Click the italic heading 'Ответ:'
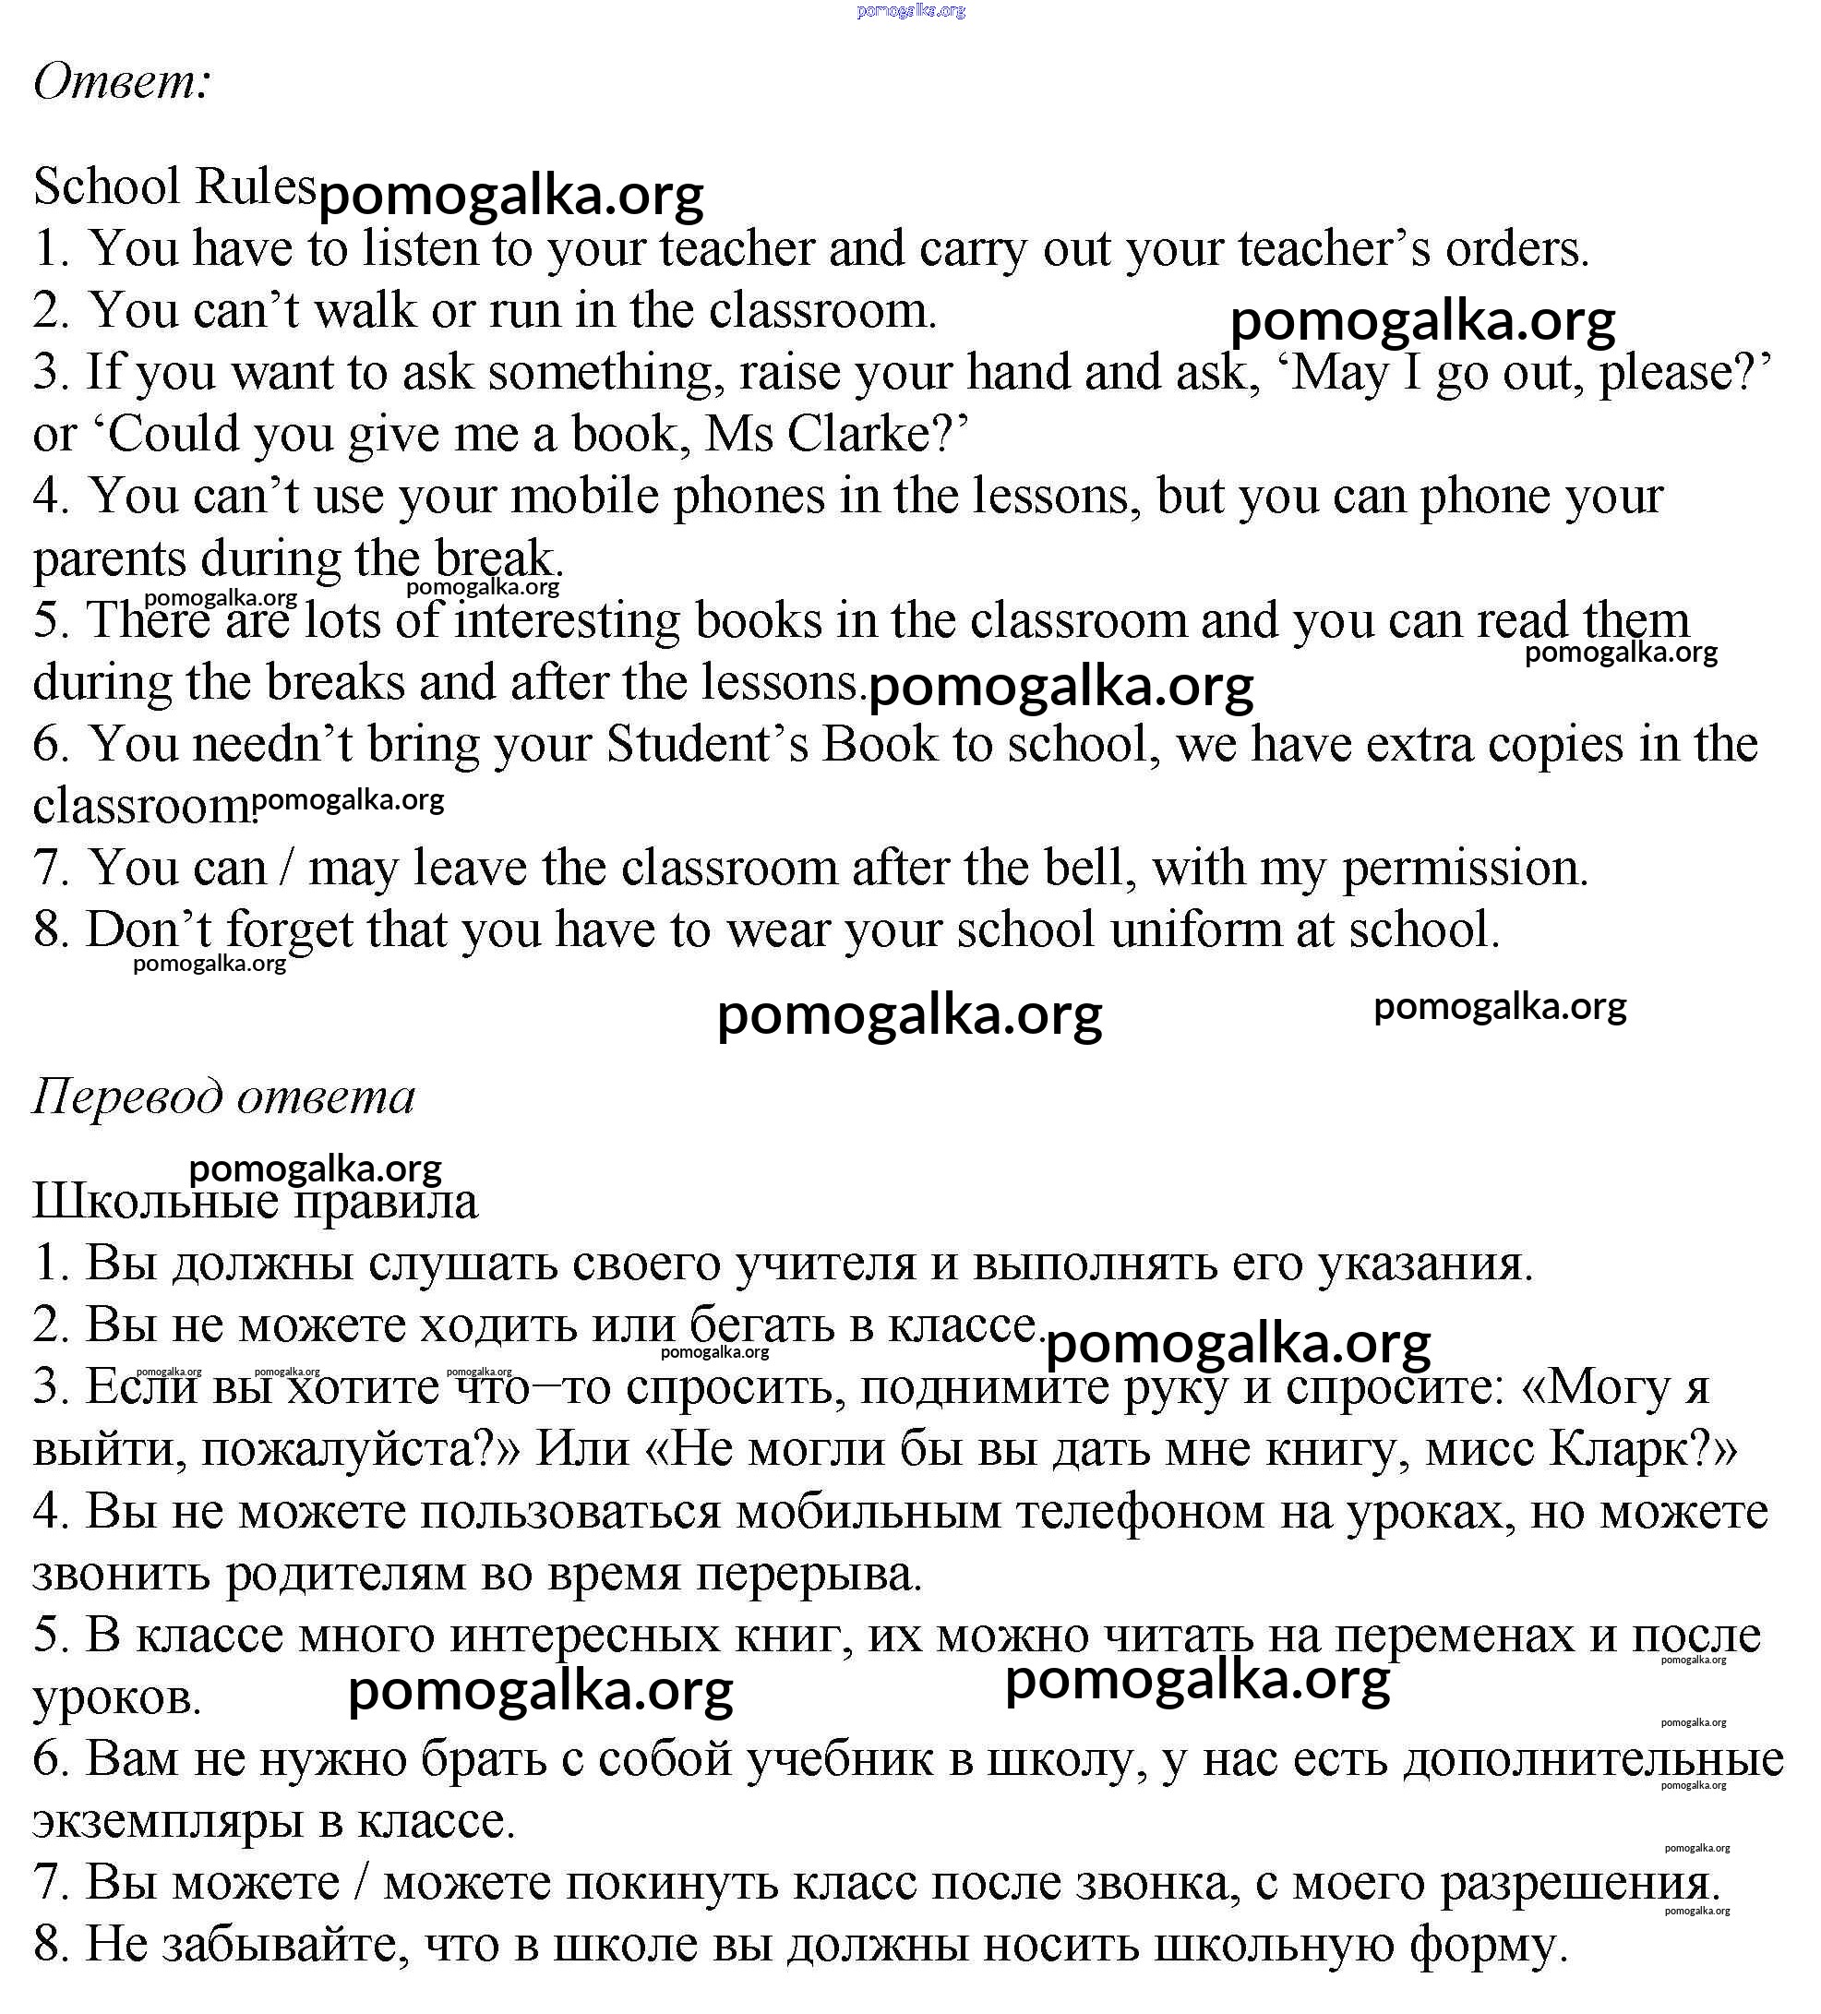tap(122, 82)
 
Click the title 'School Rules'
tap(174, 186)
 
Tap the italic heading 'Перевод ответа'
tap(223, 1097)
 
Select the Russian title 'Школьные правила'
tap(255, 1202)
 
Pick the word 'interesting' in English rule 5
tap(567, 621)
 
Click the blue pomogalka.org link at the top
tap(911, 11)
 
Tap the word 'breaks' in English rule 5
tap(335, 683)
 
